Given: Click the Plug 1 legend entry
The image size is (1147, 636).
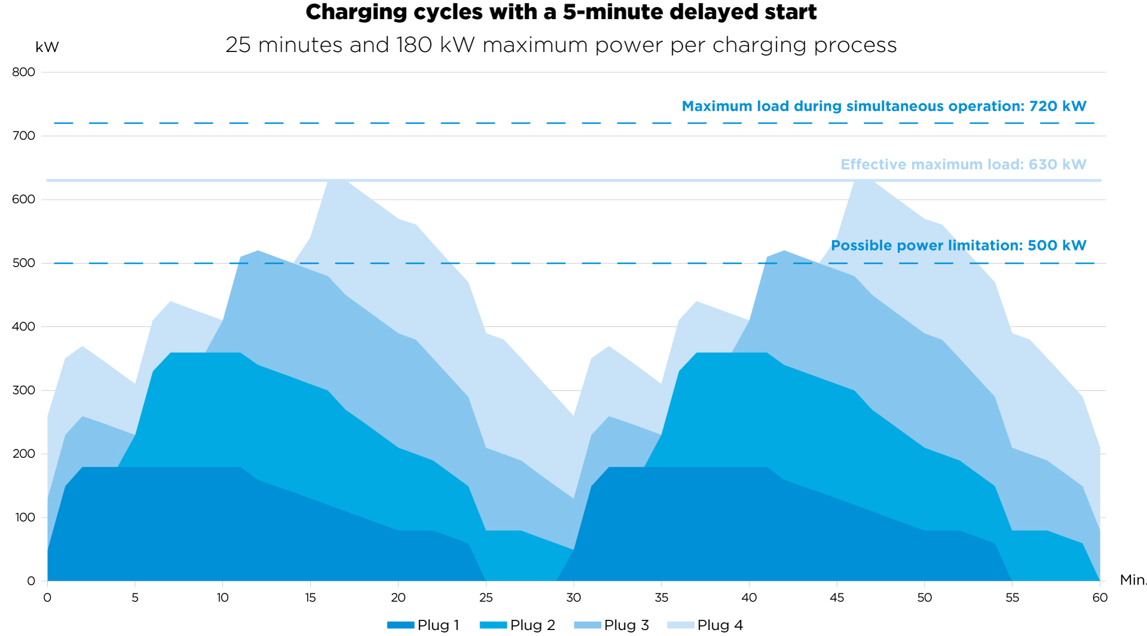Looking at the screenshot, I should pos(424,625).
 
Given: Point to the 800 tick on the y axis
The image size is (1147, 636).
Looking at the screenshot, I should pos(24,72).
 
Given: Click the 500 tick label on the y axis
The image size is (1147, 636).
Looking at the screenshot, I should pos(24,263).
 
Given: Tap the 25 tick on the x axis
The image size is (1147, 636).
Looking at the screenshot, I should pos(486,598).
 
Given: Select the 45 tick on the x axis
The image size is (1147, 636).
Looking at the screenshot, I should pos(837,598).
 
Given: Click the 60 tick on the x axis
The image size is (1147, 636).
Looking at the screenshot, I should pos(1100,598).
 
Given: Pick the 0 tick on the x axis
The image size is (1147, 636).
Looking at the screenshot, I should pos(47,598).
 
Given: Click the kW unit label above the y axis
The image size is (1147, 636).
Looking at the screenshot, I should pos(47,47).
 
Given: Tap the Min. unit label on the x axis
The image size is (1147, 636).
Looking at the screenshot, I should pos(1133,580).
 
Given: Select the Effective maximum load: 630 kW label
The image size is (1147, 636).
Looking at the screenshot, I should pos(963,164).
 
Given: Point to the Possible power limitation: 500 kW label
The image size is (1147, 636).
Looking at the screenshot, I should pos(958,246).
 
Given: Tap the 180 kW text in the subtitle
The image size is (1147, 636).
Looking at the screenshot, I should pos(436,45).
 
